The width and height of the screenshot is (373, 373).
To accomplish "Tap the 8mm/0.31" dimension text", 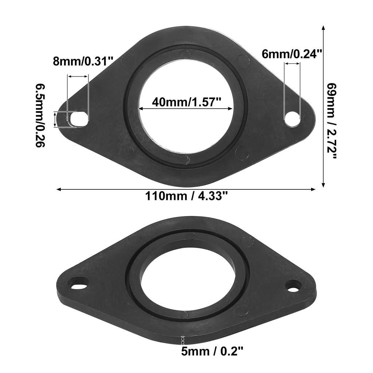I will point(83,60).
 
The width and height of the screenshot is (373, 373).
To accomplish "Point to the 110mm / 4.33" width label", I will point(186,196).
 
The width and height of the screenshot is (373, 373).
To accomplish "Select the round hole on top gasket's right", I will point(292,119).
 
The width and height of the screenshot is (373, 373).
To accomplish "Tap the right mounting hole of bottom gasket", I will point(293,285).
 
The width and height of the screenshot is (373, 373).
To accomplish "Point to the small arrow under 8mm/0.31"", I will point(78,76).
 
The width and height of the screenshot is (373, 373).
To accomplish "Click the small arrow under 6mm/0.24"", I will point(292,64).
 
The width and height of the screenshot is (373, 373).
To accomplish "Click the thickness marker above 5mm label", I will point(183,340).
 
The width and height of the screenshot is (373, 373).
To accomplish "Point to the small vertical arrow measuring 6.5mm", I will point(55,119).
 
